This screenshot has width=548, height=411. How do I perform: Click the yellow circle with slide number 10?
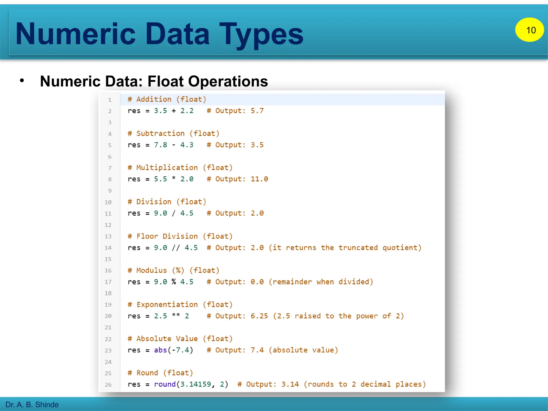529,30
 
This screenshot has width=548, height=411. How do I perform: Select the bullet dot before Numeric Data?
22,80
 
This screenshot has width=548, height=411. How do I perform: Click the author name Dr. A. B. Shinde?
32,404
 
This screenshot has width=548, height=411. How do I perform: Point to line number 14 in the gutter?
108,248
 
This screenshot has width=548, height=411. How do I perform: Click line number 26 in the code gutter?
108,385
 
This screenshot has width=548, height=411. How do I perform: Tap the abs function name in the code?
160,350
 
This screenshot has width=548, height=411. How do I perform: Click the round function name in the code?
165,384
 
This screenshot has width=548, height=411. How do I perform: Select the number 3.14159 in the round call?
196,384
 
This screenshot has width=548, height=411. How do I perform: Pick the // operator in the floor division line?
176,248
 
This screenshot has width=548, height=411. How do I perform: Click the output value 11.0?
259,179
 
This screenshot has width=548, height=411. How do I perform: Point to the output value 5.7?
257,111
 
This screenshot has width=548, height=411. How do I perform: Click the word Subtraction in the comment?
160,134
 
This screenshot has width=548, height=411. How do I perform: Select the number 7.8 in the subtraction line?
160,145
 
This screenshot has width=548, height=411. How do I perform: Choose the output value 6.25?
259,316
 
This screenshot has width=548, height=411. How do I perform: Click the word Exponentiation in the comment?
167,305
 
